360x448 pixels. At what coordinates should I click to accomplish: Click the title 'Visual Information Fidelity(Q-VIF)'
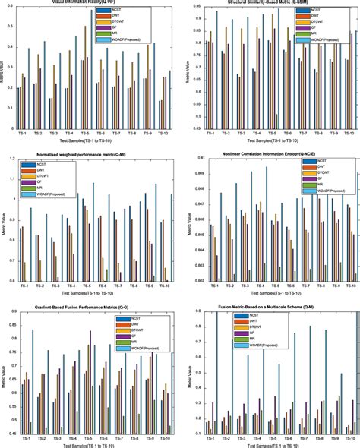coord(89,2)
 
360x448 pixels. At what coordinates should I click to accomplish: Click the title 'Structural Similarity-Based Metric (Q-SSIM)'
coord(270,2)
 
